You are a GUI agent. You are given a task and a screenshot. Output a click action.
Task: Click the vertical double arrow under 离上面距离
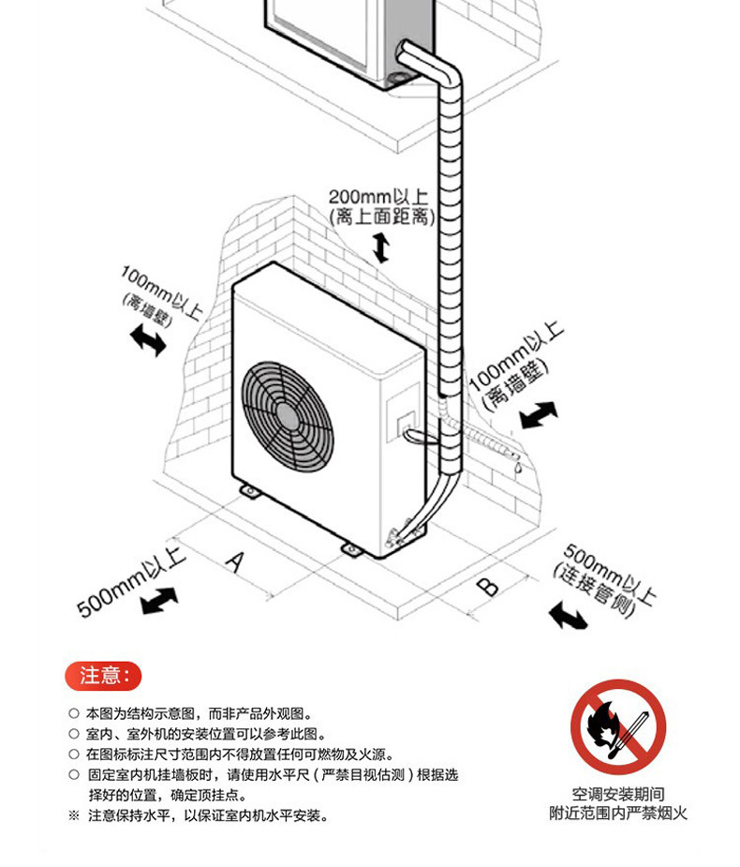380,247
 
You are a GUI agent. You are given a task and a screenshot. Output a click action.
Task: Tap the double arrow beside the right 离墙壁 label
539,414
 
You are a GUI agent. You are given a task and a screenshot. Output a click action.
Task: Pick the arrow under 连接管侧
567,615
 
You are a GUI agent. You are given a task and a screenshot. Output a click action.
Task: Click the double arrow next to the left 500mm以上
159,600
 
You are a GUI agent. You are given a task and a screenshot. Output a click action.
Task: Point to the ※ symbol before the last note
74,816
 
